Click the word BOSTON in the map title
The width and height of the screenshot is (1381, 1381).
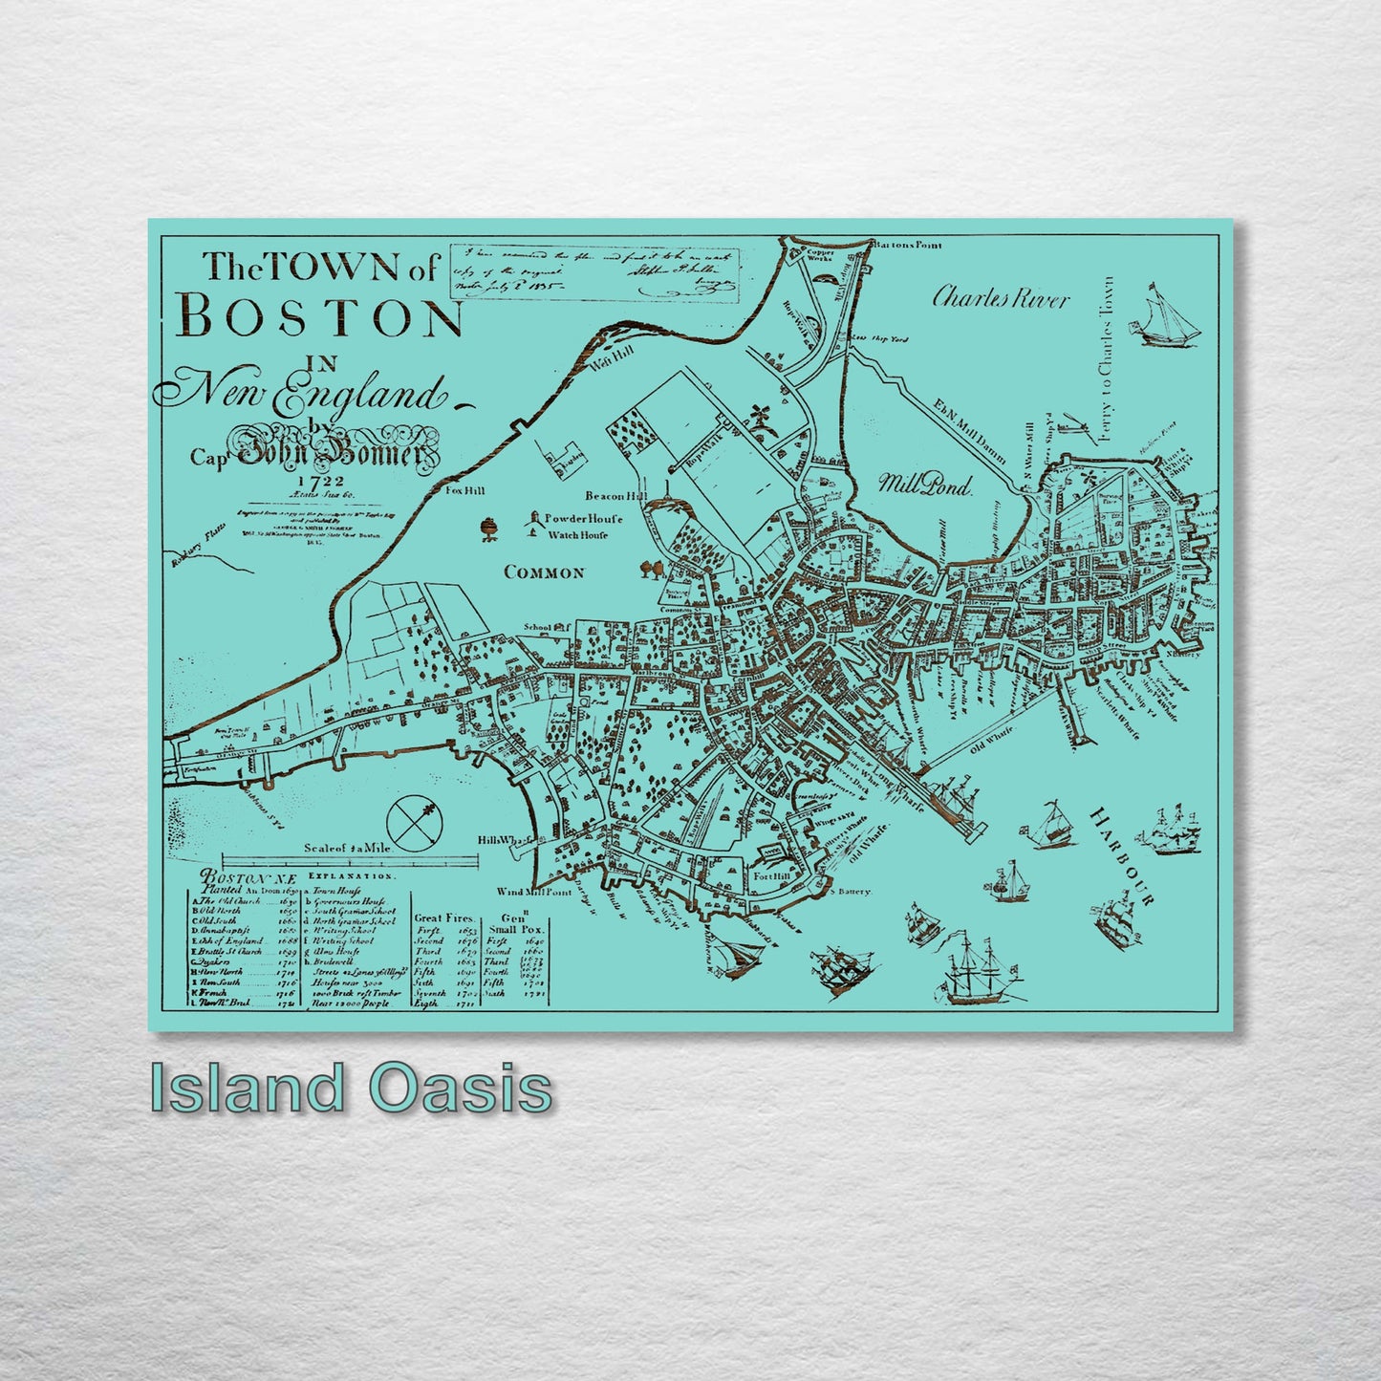321,317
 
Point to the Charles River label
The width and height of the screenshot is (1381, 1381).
1001,298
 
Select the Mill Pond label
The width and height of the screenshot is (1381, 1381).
924,485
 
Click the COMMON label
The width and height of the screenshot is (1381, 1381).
543,572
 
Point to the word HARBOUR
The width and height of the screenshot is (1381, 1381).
1124,855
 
